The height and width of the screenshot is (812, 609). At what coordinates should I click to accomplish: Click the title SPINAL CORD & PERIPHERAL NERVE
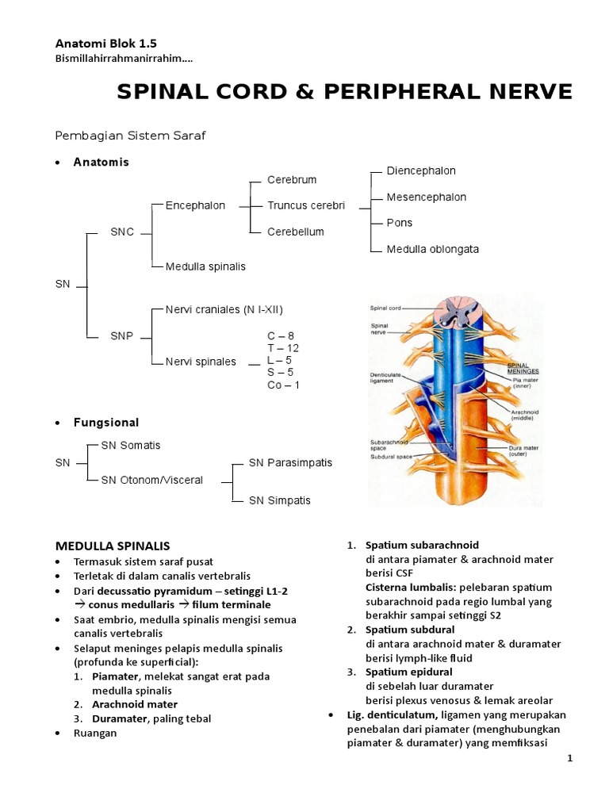tap(344, 93)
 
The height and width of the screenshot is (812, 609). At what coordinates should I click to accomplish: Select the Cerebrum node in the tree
tap(292, 180)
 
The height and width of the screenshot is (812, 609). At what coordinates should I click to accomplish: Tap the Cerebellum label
tap(296, 232)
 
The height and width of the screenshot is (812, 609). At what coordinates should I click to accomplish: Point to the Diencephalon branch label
tap(421, 170)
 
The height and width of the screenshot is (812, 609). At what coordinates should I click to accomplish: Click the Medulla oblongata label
tap(432, 249)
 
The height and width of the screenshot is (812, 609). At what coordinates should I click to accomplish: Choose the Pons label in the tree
tap(400, 223)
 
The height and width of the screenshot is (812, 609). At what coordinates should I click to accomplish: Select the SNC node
tap(122, 232)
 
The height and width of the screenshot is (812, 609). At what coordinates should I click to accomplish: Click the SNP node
tap(122, 335)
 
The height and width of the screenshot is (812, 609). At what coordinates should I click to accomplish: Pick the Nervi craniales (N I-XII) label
tap(224, 309)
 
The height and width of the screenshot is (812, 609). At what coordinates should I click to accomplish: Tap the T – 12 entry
tap(283, 348)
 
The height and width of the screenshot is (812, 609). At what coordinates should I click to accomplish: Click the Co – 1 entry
tap(283, 385)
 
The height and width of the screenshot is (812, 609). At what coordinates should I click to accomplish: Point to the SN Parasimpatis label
tap(290, 462)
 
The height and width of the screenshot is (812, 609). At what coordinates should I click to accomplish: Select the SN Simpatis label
tap(280, 500)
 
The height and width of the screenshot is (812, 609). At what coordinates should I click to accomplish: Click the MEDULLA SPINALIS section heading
tap(112, 546)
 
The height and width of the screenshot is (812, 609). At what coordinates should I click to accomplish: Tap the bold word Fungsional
tap(106, 423)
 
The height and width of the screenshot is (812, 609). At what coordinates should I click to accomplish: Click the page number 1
tap(569, 759)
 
